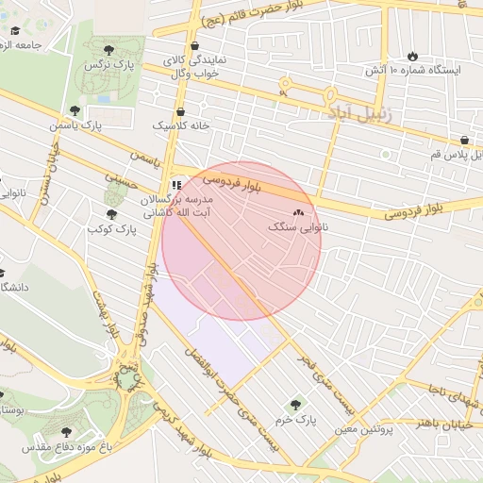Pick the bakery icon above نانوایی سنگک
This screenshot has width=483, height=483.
[x=300, y=212]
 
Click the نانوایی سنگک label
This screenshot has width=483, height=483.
[x=299, y=227]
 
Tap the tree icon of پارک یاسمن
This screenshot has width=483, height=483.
[x=75, y=110]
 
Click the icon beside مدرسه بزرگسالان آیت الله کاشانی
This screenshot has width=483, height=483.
[x=176, y=185]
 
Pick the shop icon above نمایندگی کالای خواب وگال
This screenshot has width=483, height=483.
[x=194, y=45]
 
